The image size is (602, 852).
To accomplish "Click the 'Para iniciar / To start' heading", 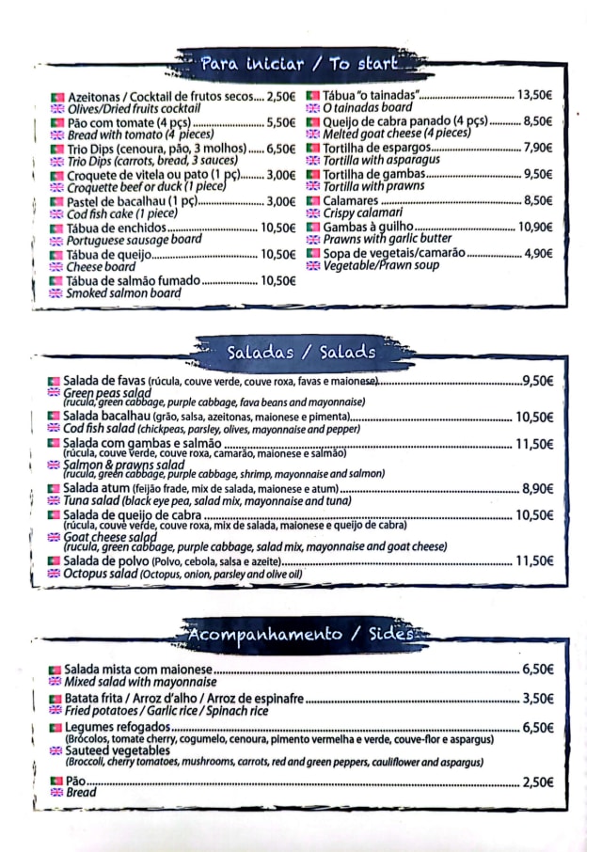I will [x=299, y=64].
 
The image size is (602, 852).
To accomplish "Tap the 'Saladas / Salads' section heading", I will [x=301, y=352].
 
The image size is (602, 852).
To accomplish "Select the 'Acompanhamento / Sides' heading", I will [x=301, y=634].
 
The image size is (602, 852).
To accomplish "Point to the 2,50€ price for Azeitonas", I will [x=280, y=96].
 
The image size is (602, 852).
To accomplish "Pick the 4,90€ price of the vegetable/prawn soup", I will [x=538, y=253].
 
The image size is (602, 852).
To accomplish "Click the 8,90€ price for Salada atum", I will [x=537, y=488].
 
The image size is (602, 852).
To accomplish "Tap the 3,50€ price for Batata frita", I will [x=537, y=699].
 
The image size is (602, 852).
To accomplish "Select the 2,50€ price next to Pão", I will [x=537, y=781].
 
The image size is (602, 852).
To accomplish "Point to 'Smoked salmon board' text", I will [x=123, y=292].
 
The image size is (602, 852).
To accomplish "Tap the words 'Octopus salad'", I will [x=99, y=574].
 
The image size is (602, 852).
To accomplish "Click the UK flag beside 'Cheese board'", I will [x=56, y=267].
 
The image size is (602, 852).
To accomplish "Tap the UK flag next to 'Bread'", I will [x=55, y=793].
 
